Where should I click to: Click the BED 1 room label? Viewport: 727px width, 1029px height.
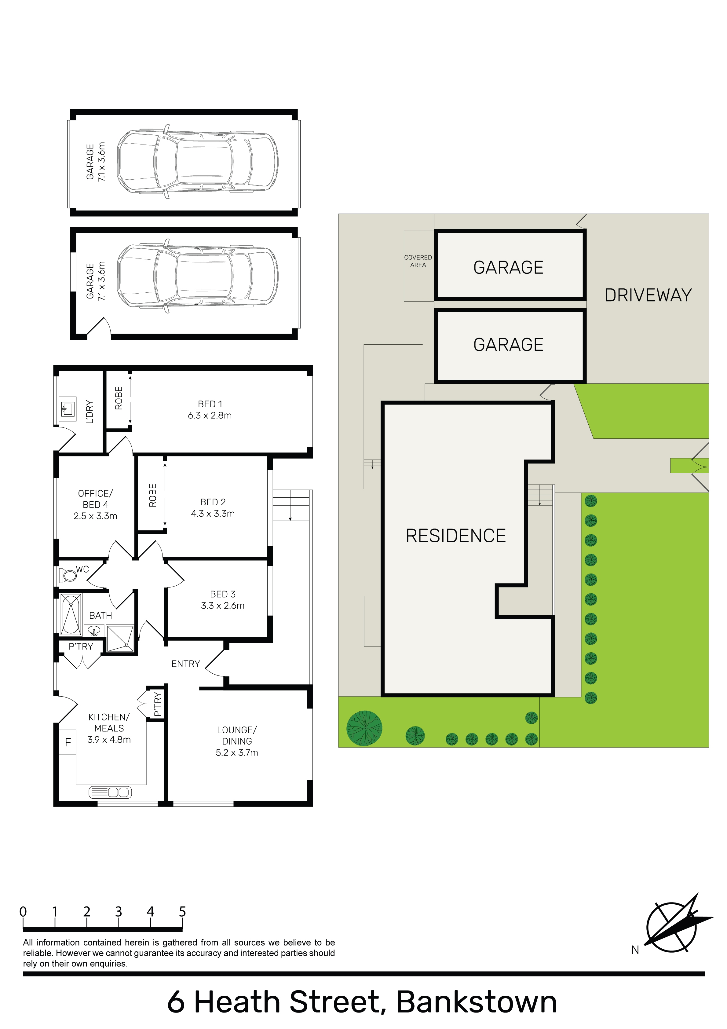point(210,410)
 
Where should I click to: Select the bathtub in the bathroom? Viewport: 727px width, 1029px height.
point(71,614)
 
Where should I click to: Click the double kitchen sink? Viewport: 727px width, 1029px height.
point(110,792)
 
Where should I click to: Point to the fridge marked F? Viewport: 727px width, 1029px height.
point(68,742)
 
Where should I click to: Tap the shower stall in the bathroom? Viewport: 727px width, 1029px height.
point(120,638)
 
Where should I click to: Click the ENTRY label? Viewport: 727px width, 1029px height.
point(185,664)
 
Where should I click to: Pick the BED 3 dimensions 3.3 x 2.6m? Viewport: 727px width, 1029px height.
point(223,606)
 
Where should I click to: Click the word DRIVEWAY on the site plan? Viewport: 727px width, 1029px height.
point(648,295)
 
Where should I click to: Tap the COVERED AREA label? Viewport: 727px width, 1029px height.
point(418,261)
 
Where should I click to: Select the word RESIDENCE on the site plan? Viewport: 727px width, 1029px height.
point(456,536)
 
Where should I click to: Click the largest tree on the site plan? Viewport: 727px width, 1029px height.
point(364,728)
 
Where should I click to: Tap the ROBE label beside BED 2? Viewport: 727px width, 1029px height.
point(152,495)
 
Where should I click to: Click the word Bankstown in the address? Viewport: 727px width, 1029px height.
point(477,1002)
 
